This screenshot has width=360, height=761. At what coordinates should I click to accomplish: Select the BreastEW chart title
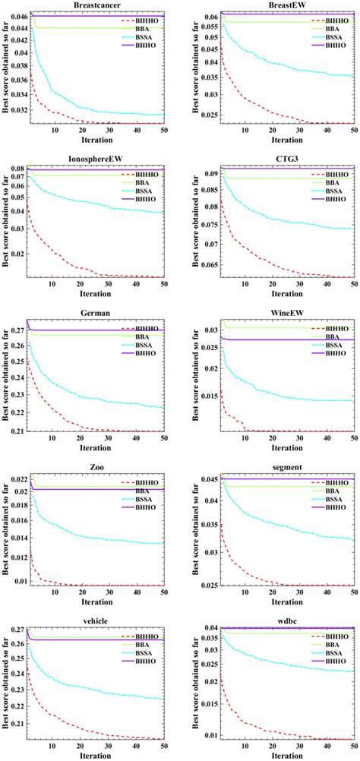tap(280, 5)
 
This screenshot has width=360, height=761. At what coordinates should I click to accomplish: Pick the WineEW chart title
tap(280, 314)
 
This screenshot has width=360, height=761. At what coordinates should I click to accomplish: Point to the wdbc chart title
tap(280, 620)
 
